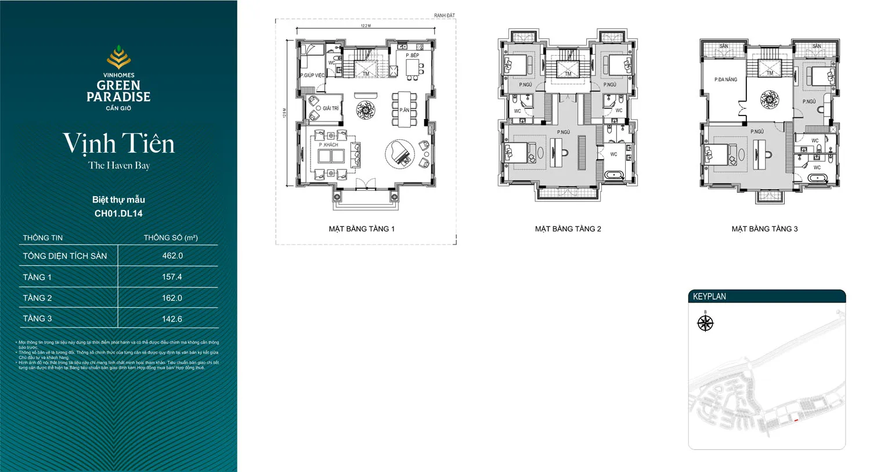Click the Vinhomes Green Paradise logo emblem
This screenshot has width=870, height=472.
[118, 57]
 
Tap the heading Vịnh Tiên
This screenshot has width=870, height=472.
[118, 143]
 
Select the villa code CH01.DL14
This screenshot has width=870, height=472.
[118, 213]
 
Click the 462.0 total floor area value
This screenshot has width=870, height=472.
[172, 255]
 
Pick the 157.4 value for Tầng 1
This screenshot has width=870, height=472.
[172, 277]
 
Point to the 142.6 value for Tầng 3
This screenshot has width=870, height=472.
[172, 319]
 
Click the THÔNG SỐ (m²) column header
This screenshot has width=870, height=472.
[171, 237]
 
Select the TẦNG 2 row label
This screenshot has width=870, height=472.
[37, 298]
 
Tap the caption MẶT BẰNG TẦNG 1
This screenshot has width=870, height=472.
[362, 229]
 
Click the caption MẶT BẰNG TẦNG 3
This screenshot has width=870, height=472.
[764, 229]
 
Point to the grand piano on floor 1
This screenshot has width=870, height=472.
[400, 154]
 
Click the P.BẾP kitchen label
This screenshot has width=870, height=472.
[412, 55]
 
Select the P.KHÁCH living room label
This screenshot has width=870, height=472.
[328, 145]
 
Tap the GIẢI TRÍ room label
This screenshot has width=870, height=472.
[331, 108]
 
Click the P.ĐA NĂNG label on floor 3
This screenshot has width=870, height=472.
[725, 80]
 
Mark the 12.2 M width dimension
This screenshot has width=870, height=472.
[366, 26]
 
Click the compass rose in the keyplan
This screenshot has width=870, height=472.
[705, 323]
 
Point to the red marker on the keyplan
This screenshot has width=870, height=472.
[796, 419]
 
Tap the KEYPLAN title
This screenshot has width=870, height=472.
[709, 296]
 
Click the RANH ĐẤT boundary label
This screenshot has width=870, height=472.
[445, 15]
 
